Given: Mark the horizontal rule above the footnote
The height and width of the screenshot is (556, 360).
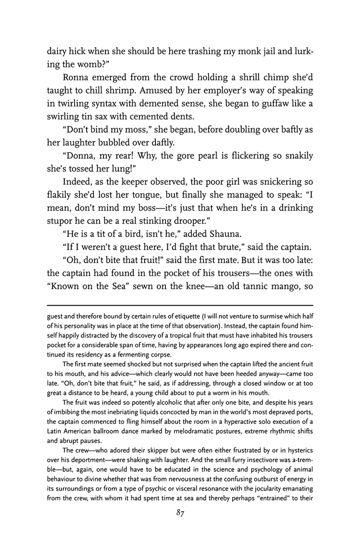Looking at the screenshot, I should click(180, 305).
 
